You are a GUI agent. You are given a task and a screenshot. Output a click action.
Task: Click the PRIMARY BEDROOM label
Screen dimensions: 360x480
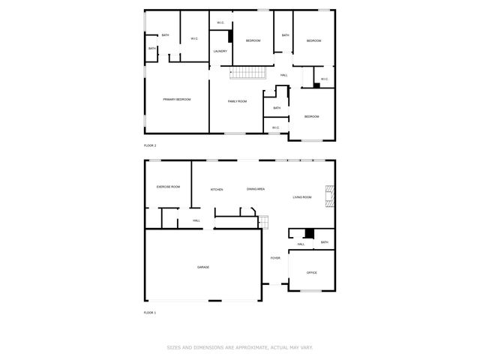tap(177, 100)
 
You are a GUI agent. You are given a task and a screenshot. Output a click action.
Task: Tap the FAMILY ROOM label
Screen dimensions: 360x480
tap(237, 100)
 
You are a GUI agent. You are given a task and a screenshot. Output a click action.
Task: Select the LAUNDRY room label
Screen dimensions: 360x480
tap(220, 51)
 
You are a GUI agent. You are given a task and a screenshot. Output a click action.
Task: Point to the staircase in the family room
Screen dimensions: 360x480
tap(247, 73)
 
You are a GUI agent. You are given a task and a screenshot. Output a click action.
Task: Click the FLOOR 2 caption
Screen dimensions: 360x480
tap(150, 145)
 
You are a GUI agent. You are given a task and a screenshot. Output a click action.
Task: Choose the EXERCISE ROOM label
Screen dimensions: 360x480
tap(168, 187)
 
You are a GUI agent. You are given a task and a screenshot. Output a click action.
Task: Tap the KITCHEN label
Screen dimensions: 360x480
tap(217, 190)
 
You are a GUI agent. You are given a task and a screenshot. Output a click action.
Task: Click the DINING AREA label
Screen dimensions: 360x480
tap(256, 189)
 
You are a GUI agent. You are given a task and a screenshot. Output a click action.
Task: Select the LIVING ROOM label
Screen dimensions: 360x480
tap(302, 197)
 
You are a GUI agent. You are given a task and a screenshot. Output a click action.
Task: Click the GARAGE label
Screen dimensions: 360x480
tap(203, 267)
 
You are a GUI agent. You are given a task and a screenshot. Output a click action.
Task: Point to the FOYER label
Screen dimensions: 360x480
tap(275, 258)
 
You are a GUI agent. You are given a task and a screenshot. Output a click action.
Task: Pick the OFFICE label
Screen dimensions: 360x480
tap(311, 272)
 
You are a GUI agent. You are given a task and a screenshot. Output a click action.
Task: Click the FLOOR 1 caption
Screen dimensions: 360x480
tap(150, 312)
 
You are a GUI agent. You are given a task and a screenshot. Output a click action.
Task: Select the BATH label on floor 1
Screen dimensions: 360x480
tap(324, 242)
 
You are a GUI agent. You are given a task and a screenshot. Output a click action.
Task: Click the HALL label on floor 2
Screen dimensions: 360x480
tap(284, 75)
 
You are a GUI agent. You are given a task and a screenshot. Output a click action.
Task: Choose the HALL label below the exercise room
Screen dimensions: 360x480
tap(196, 220)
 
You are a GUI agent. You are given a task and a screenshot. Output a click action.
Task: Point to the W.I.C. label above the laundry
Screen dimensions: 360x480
tap(220, 22)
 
